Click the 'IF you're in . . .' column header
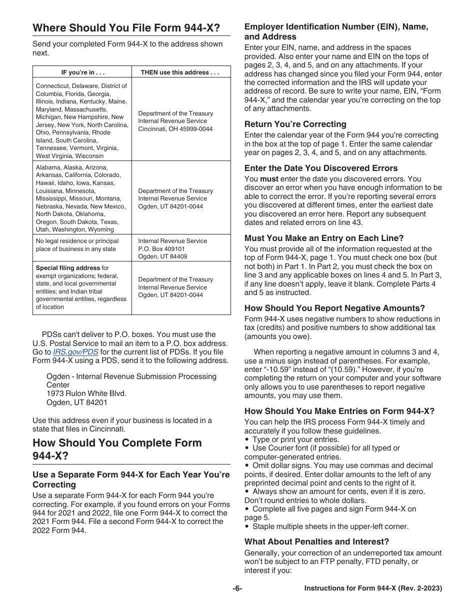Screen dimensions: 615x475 click(x=82, y=72)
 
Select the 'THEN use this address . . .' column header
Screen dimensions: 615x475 click(x=180, y=72)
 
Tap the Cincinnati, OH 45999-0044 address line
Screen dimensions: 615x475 click(x=175, y=129)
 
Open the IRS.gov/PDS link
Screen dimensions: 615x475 click(x=75, y=352)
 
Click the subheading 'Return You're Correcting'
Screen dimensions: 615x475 click(x=295, y=124)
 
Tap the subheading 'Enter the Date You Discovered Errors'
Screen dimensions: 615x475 click(x=321, y=168)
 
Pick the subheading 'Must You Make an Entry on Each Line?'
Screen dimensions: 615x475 click(x=323, y=238)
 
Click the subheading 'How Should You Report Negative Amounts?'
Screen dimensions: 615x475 click(x=334, y=308)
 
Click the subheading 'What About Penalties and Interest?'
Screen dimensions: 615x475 click(x=316, y=541)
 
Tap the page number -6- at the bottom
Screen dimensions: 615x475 click(x=237, y=588)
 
